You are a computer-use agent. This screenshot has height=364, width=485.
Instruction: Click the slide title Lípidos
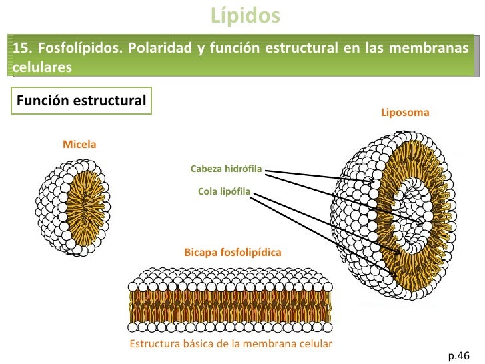[x=245, y=15]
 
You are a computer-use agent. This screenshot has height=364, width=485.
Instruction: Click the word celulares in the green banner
[x=43, y=67]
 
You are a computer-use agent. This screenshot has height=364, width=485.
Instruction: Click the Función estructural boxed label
[x=81, y=101]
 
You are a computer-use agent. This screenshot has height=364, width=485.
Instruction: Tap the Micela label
[x=79, y=144]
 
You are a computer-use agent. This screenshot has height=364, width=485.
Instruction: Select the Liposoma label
[x=405, y=112]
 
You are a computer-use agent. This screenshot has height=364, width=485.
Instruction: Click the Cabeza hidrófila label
[x=226, y=169]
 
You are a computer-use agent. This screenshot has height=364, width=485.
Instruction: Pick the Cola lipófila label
[x=224, y=191]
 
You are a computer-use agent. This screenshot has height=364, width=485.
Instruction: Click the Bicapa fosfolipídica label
[x=233, y=252]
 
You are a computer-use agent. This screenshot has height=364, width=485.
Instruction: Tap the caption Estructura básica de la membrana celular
[x=231, y=343]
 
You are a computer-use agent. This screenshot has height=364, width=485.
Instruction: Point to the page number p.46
[x=459, y=356]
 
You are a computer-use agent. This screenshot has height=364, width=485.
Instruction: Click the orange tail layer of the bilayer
[x=230, y=307]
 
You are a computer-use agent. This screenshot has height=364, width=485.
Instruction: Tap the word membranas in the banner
[x=428, y=48]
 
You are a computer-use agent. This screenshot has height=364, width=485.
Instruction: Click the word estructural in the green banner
[x=302, y=48]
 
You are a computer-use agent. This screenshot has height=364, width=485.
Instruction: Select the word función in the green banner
[x=235, y=48]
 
